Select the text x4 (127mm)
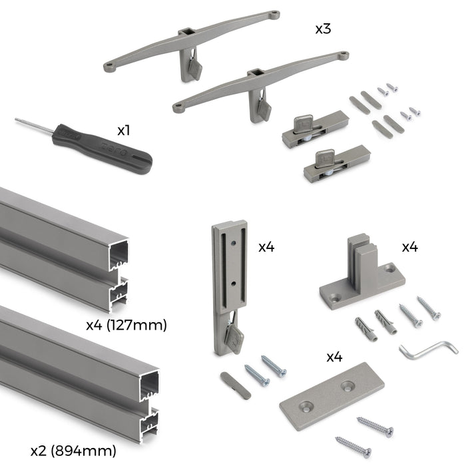point(126,326)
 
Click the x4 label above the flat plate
point(334,357)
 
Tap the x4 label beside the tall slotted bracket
point(266,247)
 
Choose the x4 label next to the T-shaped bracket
point(409,247)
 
